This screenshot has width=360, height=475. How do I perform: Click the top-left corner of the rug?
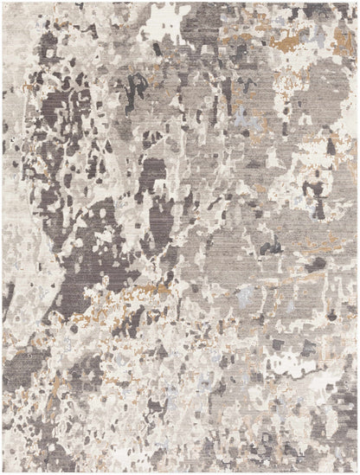[3, 3]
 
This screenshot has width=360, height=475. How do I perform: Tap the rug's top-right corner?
[357, 3]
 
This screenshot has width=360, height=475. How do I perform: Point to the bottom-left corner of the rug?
[3, 472]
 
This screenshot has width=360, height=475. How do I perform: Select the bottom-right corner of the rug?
[357, 472]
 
